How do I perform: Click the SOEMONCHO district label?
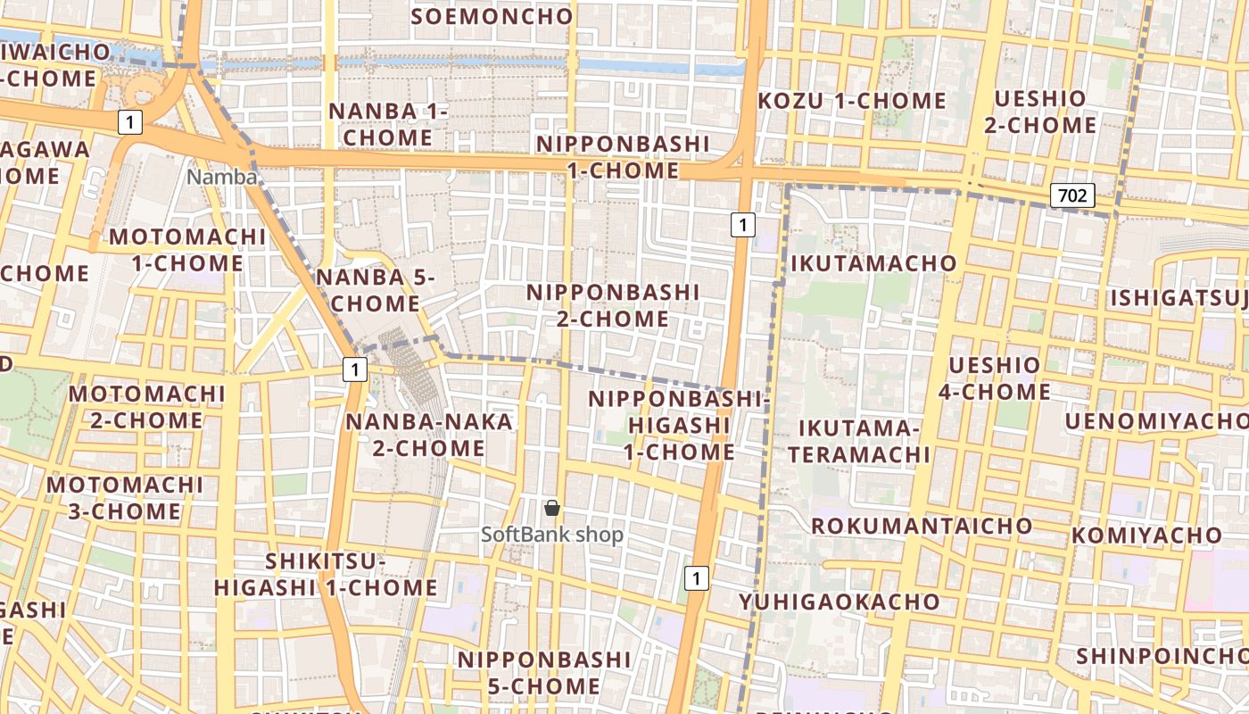tap(492, 16)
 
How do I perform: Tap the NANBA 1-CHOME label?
tap(388, 124)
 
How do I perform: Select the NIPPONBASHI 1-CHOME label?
tap(623, 157)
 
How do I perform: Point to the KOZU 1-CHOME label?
tap(852, 101)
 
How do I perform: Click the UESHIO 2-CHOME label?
tap(1040, 112)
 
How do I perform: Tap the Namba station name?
tap(221, 178)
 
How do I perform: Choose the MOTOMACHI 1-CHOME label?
tap(187, 250)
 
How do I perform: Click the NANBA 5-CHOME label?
tap(375, 290)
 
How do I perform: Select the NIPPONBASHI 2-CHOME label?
tap(613, 305)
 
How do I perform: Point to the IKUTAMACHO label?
tap(873, 263)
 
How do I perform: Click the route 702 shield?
tap(1071, 195)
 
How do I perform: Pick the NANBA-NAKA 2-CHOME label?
tap(429, 435)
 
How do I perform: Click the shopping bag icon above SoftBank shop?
tap(552, 509)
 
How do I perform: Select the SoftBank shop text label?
tap(552, 535)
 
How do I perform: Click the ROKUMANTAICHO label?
tap(922, 526)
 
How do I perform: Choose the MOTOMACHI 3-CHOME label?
tap(125, 498)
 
